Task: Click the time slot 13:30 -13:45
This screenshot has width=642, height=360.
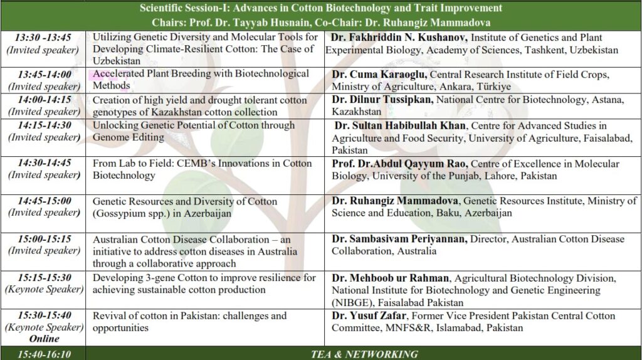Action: [43, 37]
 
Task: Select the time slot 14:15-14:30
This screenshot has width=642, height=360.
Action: [43, 125]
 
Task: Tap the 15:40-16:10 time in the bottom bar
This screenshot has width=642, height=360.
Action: [44, 354]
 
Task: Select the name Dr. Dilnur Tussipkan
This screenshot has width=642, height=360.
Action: [382, 100]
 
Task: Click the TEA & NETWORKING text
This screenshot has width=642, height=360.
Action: [364, 354]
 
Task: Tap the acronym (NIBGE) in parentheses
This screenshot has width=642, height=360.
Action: [353, 302]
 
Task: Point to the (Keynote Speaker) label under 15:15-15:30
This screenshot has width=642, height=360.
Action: [44, 289]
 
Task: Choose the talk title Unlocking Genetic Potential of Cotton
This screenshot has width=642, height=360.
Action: [194, 125]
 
